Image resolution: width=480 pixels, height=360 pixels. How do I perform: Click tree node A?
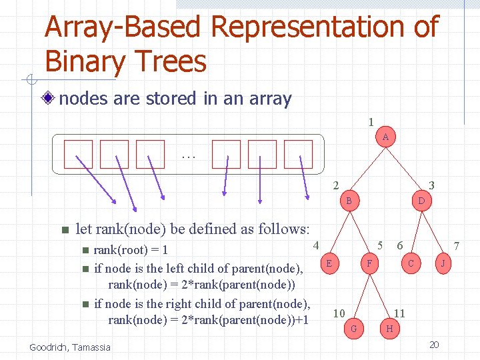click(385, 137)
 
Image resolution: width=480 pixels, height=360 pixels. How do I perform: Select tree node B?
click(349, 200)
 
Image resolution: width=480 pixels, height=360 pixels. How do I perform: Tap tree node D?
click(421, 200)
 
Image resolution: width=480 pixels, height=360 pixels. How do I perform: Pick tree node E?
click(330, 263)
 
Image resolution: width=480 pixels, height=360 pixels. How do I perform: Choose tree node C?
click(411, 263)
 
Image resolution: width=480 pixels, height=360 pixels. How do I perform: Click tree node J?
click(443, 263)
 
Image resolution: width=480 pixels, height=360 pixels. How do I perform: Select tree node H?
click(389, 328)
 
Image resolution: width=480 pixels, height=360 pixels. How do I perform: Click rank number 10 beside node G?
click(339, 313)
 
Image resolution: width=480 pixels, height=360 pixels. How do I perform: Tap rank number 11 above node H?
click(399, 313)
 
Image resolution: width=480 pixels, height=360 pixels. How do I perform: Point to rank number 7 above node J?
click(456, 246)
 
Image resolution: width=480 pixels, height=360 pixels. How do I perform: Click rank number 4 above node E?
click(316, 245)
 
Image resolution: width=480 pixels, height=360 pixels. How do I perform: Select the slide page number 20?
click(434, 345)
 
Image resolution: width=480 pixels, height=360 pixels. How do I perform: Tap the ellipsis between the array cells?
click(188, 156)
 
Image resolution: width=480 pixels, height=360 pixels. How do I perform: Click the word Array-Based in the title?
click(122, 27)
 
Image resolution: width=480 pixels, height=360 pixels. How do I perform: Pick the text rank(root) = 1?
click(131, 250)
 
